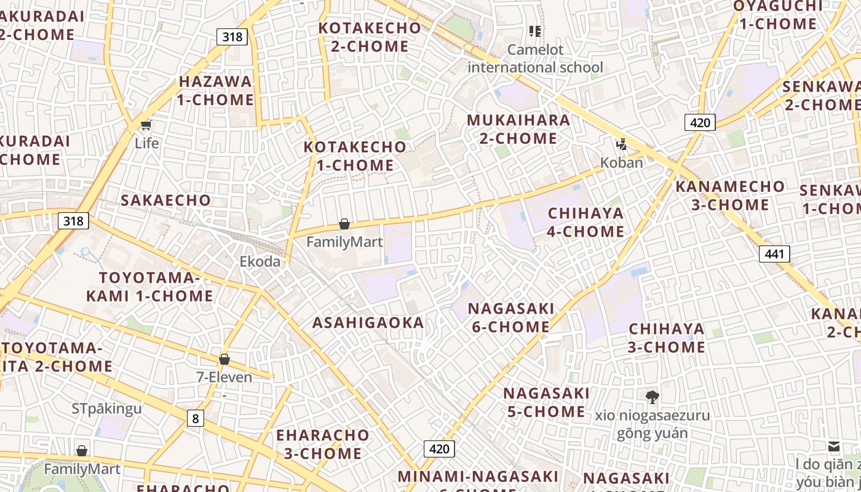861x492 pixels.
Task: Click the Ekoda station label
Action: pos(260,261)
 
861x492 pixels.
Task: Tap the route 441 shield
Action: pos(774,253)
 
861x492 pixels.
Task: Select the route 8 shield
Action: pos(195,419)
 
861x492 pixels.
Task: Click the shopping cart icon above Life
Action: pos(146,125)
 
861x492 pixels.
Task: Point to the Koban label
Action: pos(621,163)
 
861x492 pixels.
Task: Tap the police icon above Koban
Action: pos(622,145)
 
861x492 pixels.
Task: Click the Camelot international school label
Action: pos(535,58)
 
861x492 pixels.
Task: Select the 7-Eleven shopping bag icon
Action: pos(224,359)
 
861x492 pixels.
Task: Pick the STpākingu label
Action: pos(106,408)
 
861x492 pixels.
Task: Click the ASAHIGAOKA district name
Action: pos(368,323)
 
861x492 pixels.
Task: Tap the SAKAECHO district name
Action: pos(165,200)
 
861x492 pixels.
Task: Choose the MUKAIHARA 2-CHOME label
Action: pos(518,129)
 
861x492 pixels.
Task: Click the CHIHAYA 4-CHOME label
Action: pos(585,223)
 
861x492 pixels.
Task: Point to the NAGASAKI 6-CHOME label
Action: pos(511,317)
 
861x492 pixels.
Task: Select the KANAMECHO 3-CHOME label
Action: pos(730,196)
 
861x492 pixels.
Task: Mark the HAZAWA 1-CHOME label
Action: pos(215,90)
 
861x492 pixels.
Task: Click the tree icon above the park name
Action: pos(652,397)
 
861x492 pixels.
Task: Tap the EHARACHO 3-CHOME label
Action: pos(322,444)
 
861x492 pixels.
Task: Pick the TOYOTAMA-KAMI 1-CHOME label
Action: pos(149,287)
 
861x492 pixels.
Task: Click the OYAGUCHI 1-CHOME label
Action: pos(777,15)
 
